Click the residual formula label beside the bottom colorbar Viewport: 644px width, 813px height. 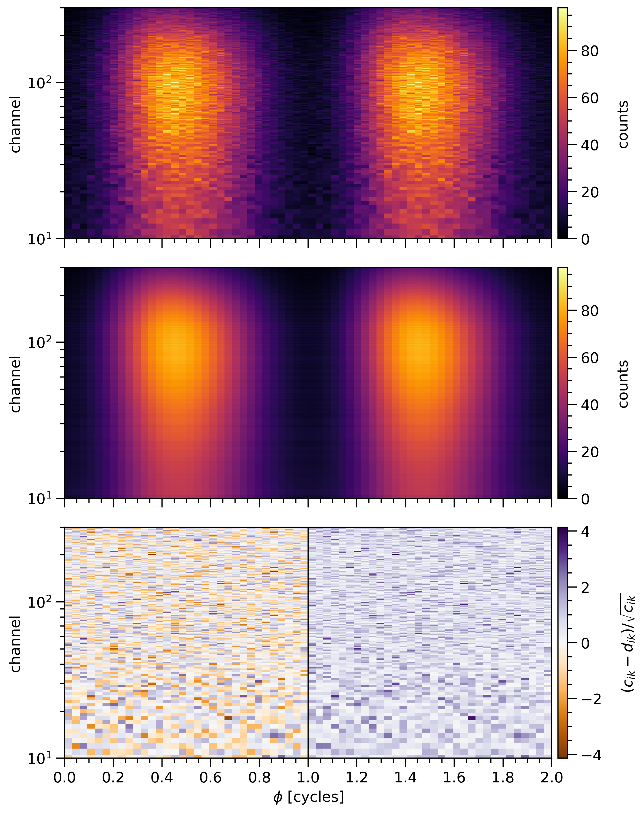628,643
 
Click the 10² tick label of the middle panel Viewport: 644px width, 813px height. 41,342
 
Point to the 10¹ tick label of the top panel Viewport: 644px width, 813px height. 41,238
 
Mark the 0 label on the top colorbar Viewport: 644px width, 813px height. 585,239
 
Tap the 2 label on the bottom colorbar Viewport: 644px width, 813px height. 585,588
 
